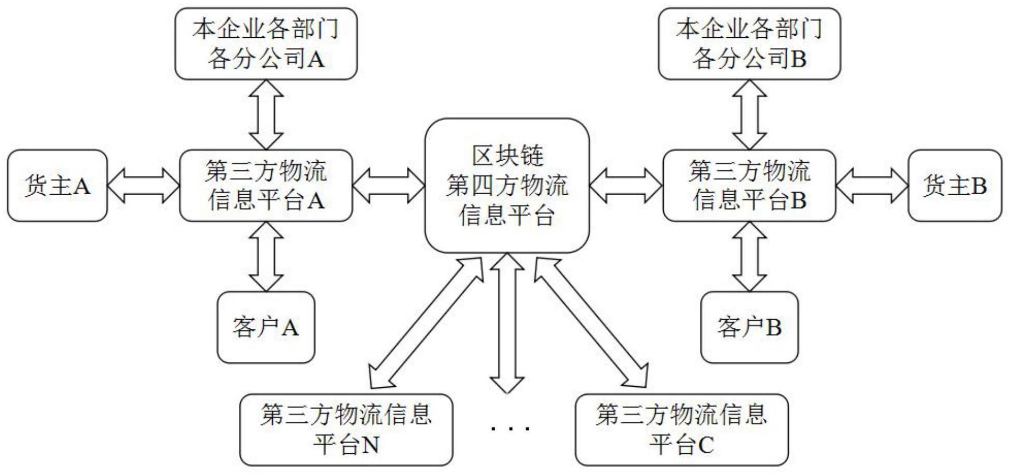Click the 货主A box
point(57,186)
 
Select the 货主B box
point(955,186)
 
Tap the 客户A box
point(266,327)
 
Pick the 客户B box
point(749,327)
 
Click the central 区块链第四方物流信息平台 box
point(507,186)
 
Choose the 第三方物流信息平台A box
point(266,186)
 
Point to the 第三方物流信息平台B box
point(749,186)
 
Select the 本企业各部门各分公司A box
point(266,44)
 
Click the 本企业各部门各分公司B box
point(749,44)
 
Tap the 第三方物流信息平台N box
point(346,429)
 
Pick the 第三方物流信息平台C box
point(682,429)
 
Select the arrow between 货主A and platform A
point(144,186)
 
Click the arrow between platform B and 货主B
point(872,186)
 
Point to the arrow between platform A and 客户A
point(266,256)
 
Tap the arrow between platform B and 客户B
point(749,256)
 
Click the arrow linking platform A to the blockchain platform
point(389,186)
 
